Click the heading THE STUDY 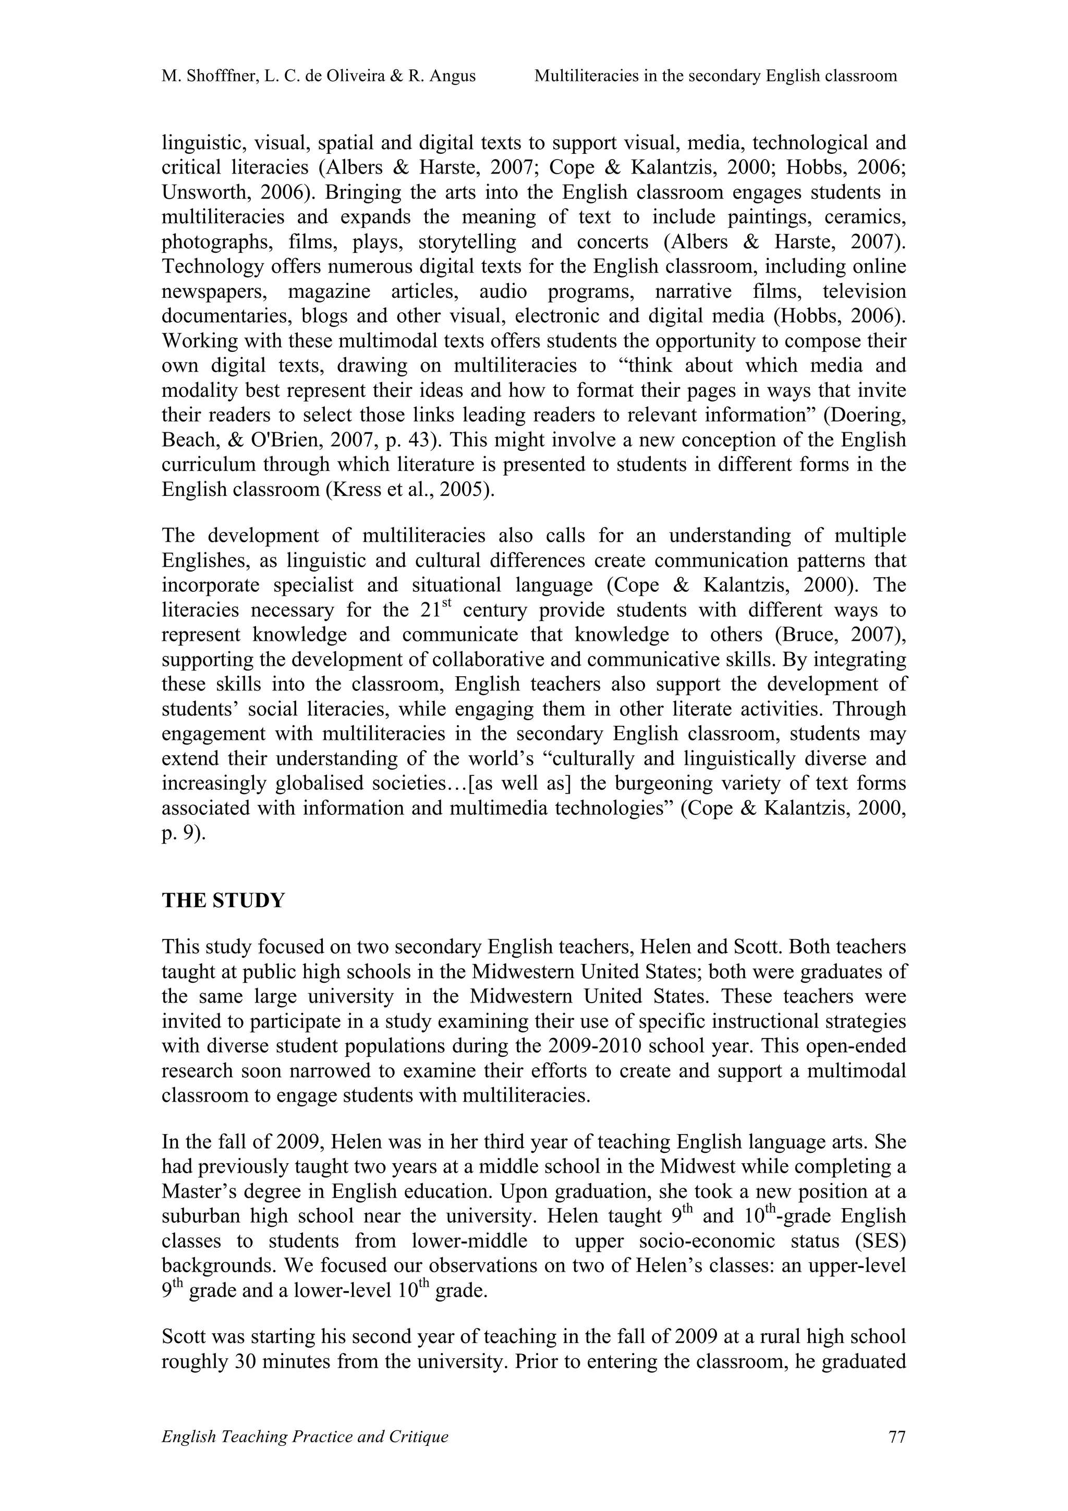[x=223, y=901]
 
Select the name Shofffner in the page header [x=223, y=76]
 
